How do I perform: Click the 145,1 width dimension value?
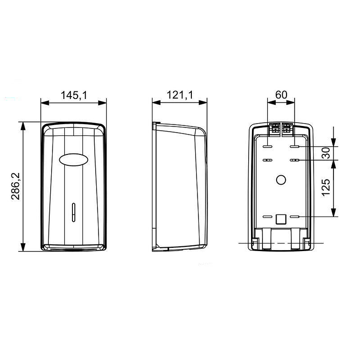tap(73, 95)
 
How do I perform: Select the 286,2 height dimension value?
tap(15, 186)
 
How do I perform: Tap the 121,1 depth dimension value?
tap(180, 95)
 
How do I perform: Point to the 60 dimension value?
tap(281, 94)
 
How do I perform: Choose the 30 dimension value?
tap(325, 153)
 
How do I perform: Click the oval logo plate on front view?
tap(73, 160)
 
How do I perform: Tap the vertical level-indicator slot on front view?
tap(73, 212)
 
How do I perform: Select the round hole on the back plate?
tap(280, 180)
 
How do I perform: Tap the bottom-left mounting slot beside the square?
tap(267, 217)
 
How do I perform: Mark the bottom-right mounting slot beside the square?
tap(295, 217)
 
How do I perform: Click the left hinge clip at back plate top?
tap(274, 127)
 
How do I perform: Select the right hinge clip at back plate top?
tap(287, 127)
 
